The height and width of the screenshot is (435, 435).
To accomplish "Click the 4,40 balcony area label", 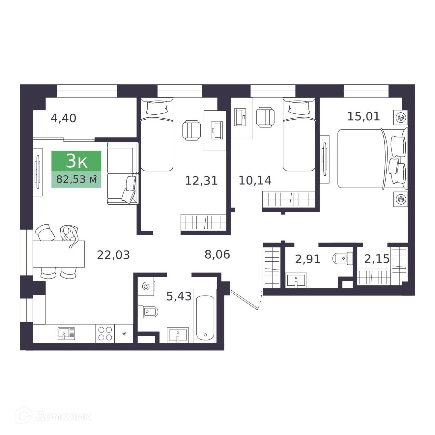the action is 63,118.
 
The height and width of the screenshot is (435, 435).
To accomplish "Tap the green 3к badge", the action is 76,161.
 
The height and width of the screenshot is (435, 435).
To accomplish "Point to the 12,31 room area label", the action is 201,181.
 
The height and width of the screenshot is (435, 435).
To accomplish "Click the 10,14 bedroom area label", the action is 255,180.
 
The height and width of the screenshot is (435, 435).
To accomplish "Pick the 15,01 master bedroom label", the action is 363,116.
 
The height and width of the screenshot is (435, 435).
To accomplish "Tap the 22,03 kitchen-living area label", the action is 113,255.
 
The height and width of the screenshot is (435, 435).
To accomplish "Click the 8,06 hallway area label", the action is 217,254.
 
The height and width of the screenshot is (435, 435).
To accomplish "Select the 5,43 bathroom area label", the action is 179,296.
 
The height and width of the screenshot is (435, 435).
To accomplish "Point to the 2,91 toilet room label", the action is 307,259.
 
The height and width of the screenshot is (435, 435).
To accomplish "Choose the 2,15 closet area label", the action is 377,259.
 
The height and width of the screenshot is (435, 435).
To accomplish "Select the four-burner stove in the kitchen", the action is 105,333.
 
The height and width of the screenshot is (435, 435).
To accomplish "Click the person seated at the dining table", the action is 69,236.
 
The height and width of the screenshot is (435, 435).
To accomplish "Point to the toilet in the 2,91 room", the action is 342,258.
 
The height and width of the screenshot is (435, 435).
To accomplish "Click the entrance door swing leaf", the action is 244,300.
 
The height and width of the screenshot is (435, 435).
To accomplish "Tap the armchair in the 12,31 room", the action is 191,130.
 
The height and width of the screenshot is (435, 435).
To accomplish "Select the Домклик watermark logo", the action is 54,417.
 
